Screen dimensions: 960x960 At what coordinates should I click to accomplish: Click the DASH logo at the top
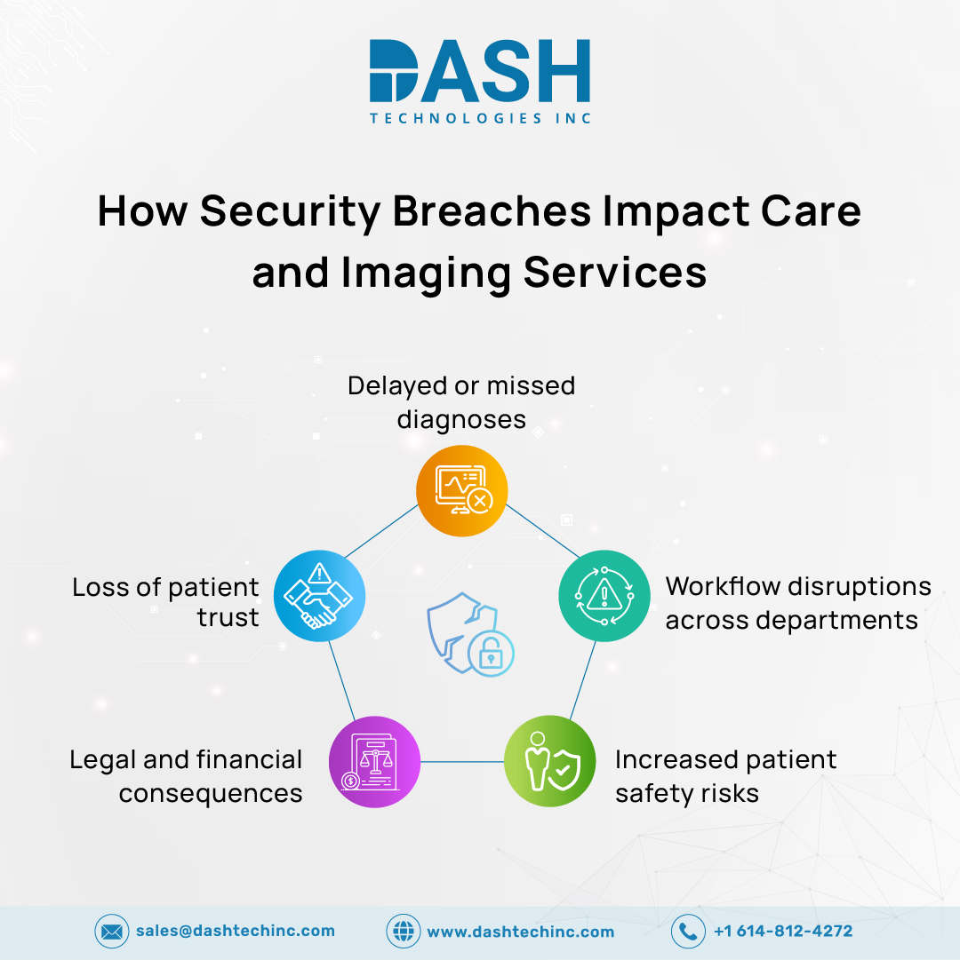tap(480, 82)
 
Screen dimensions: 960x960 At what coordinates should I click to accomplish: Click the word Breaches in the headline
tap(492, 212)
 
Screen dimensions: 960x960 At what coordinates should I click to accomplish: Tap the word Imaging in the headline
tap(426, 274)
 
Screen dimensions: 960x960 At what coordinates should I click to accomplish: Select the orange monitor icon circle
tap(462, 490)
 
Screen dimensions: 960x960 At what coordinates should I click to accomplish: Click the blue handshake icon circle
tap(319, 596)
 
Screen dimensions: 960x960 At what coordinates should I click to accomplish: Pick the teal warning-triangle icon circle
tap(604, 596)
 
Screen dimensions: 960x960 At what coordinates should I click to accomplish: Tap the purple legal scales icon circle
tap(374, 762)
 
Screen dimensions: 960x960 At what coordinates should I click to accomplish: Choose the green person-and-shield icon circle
tap(549, 762)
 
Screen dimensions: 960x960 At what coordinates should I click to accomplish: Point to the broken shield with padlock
tap(470, 634)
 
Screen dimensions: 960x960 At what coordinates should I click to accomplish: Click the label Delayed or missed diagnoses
tap(461, 403)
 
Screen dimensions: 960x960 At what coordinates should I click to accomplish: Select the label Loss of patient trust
tap(165, 602)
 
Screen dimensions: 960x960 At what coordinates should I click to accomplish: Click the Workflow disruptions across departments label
tap(798, 603)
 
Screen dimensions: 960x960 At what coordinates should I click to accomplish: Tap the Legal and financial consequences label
tap(186, 776)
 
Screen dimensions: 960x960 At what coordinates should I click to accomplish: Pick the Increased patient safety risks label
tap(726, 776)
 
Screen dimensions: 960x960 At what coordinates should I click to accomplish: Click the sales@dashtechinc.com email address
tap(236, 931)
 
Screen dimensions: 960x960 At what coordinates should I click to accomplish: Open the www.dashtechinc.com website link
tap(521, 932)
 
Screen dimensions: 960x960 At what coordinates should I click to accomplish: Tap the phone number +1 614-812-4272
tap(783, 931)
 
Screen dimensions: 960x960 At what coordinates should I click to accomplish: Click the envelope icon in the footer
tap(111, 932)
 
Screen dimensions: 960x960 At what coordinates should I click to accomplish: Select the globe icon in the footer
tap(404, 932)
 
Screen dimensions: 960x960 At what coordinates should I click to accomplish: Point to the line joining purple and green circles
tap(462, 762)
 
